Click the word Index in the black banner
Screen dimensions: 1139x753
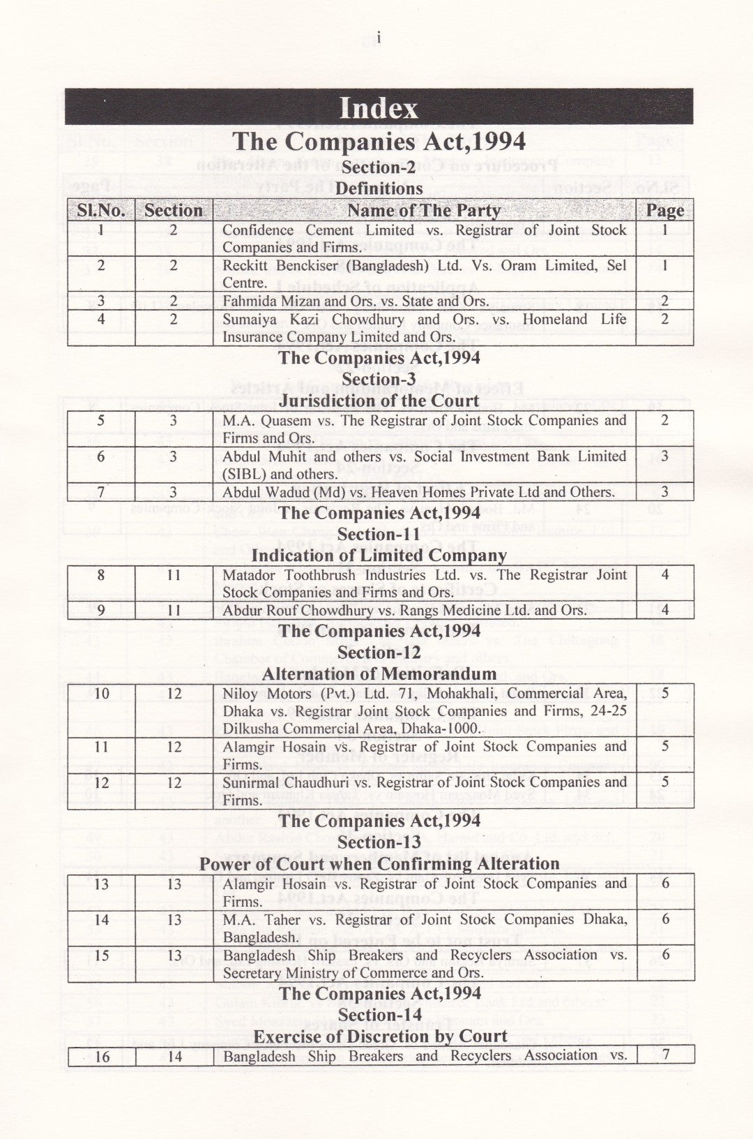[x=379, y=108]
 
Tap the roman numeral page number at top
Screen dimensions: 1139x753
[x=377, y=38]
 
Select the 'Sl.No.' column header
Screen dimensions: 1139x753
[x=101, y=211]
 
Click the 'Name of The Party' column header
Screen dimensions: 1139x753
[x=424, y=211]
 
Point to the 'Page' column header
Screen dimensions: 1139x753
[x=665, y=211]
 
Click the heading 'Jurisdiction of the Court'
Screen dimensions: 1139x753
[x=379, y=401]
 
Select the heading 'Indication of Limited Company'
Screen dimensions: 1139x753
[x=379, y=556]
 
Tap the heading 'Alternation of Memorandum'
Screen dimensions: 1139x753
[x=379, y=674]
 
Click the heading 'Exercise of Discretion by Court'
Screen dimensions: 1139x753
[x=380, y=1036]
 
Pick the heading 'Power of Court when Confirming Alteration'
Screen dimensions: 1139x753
[x=379, y=864]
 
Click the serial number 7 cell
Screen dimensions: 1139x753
[x=101, y=492]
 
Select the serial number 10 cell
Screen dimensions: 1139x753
[x=101, y=694]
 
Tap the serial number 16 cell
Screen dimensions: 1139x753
[x=102, y=1057]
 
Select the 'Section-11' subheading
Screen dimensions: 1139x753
[x=379, y=535]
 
